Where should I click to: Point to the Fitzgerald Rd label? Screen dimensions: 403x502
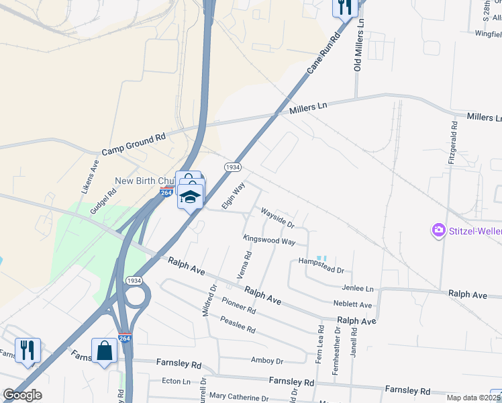tap(454, 143)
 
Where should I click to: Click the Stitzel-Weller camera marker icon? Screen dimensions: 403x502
tap(439, 230)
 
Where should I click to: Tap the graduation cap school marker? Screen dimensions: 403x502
tap(191, 197)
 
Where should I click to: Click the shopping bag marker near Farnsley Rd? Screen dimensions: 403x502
tap(104, 350)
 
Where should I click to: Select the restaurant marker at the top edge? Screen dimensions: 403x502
tap(345, 7)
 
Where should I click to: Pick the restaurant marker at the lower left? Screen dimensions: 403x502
tap(28, 350)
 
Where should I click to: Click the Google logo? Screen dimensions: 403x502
tap(22, 394)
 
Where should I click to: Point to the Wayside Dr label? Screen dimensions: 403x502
tap(278, 217)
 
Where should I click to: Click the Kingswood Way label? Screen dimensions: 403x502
tap(269, 240)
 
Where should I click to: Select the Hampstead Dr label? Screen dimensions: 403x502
tap(321, 265)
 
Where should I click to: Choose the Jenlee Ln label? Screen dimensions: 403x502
tap(357, 288)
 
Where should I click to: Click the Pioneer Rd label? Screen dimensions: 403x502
tap(239, 306)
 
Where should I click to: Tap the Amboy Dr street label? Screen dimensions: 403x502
tap(267, 361)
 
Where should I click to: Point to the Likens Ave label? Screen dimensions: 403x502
tap(90, 177)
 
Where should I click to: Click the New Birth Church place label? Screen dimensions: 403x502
tap(144, 181)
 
